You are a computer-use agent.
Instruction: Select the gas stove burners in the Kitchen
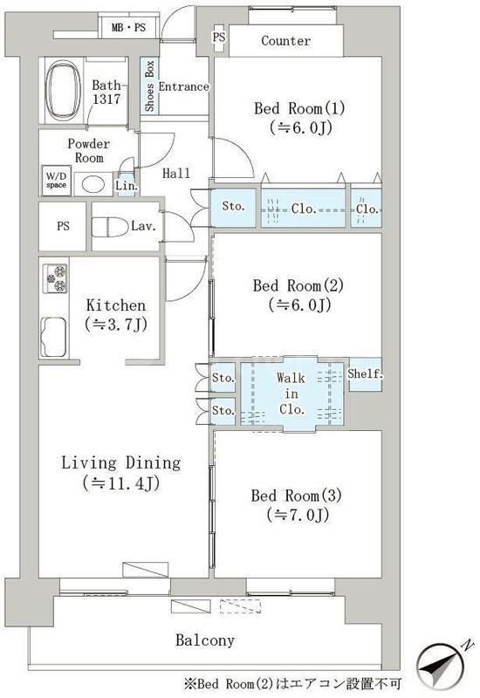55,278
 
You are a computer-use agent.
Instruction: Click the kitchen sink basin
53,337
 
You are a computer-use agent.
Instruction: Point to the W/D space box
56,181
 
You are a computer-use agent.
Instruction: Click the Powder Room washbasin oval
93,183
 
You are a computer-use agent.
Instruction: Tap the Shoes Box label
149,86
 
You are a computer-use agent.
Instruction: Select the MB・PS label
128,28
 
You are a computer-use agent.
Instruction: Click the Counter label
286,41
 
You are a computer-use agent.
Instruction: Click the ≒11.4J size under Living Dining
121,483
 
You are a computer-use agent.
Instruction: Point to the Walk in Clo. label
291,393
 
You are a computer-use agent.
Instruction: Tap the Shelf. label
365,374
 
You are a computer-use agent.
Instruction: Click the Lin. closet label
127,186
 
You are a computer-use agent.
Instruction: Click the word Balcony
205,640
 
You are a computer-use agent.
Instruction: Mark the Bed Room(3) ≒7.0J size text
298,515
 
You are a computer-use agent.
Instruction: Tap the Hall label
176,173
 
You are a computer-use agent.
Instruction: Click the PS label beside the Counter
219,37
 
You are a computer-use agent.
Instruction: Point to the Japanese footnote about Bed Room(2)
292,683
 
